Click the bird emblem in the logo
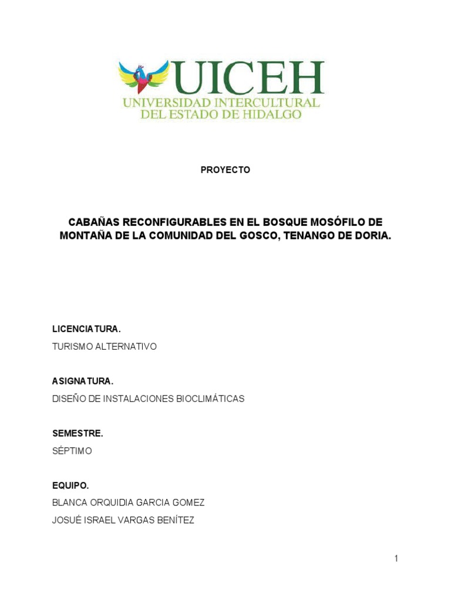click(143, 76)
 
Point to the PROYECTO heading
click(225, 170)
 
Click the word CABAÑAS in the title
click(93, 222)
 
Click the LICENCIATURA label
click(86, 329)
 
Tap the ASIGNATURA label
click(83, 381)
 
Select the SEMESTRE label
click(78, 434)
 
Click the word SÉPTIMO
click(72, 451)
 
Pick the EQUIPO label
click(70, 485)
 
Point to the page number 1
click(396, 559)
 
